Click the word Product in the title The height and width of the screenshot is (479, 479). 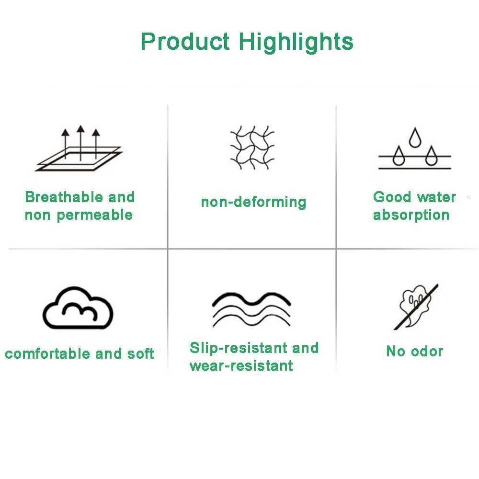coord(185,41)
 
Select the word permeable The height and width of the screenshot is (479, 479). coord(95,216)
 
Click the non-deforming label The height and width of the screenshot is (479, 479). coord(253,202)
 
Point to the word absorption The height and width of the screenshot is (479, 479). coord(411,216)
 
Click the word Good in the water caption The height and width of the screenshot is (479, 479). coord(392,197)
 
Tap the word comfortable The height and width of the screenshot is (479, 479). coord(47,354)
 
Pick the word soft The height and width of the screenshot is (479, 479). coord(140,354)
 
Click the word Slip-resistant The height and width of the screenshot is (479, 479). coord(239,348)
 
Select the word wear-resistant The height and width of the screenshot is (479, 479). coord(241,365)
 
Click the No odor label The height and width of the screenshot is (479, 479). coord(414,351)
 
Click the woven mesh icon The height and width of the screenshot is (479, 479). coord(252,148)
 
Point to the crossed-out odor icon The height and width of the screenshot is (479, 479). coord(416,307)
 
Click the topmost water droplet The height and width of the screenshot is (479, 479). coord(415,138)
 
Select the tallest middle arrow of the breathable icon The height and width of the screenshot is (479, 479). coord(80,143)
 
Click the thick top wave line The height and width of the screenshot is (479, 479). coord(251,299)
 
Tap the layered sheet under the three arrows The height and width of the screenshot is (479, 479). coord(79,159)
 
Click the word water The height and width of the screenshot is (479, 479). coord(436,197)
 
